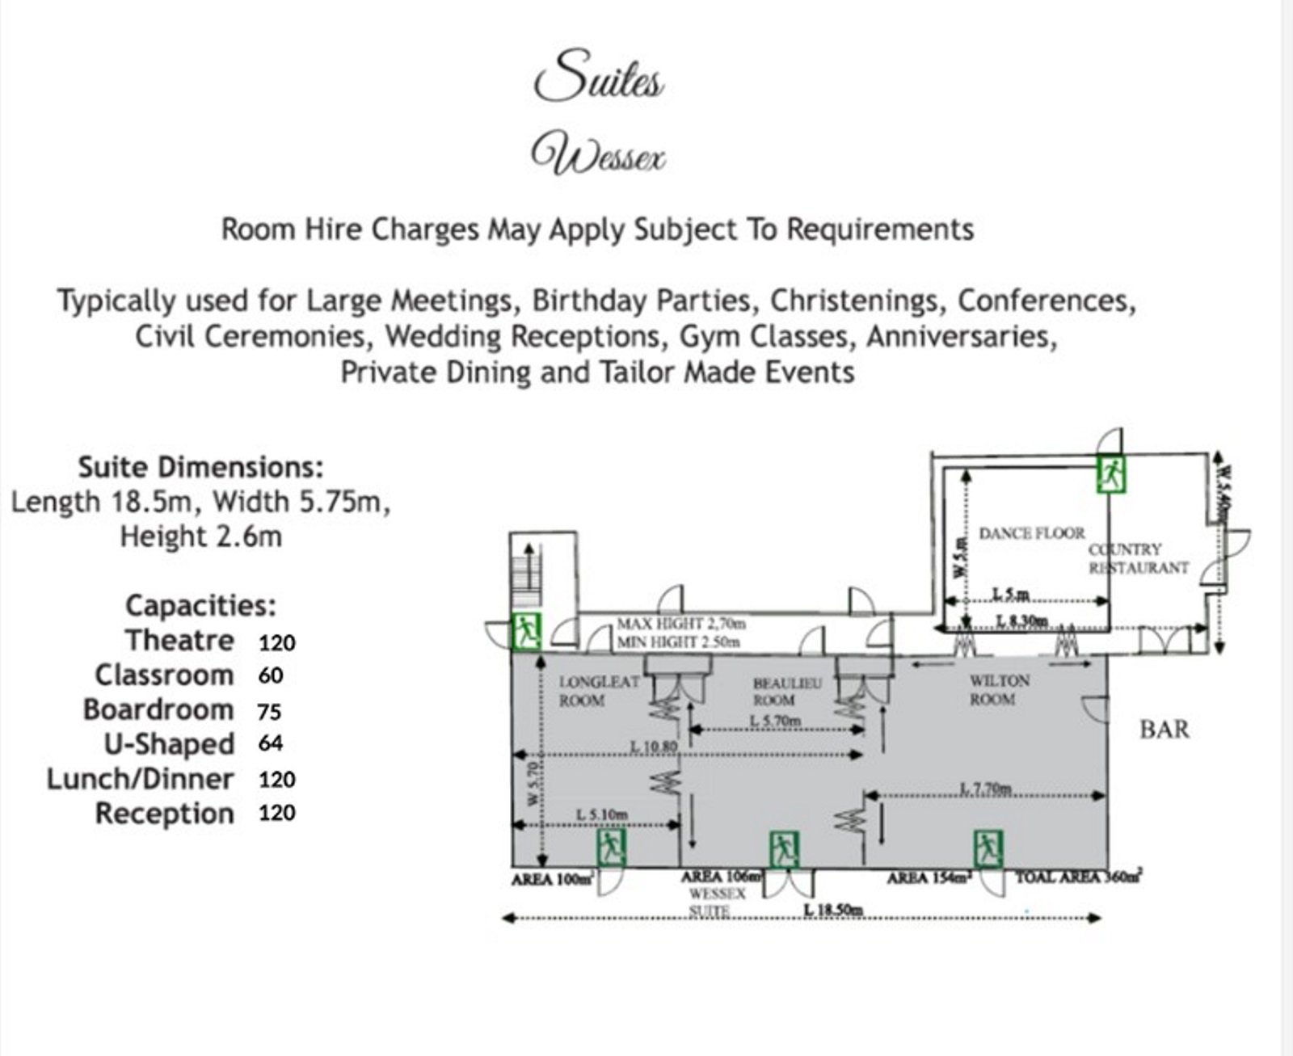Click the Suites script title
pyautogui.click(x=599, y=76)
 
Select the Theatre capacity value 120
pyautogui.click(x=277, y=643)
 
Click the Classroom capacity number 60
pyautogui.click(x=271, y=675)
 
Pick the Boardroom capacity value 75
pyautogui.click(x=269, y=712)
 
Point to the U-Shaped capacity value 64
pyautogui.click(x=271, y=743)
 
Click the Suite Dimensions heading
pyautogui.click(x=200, y=467)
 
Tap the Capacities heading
pyautogui.click(x=200, y=605)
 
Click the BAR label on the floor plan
pyautogui.click(x=1164, y=730)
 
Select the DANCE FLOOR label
pyautogui.click(x=1031, y=533)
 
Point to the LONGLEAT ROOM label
pyautogui.click(x=598, y=691)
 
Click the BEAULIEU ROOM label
pyautogui.click(x=786, y=692)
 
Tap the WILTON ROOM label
pyautogui.click(x=999, y=690)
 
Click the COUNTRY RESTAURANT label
pyautogui.click(x=1138, y=558)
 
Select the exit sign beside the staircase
pyautogui.click(x=527, y=631)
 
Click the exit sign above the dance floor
pyautogui.click(x=1110, y=473)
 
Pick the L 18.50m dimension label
pyautogui.click(x=833, y=911)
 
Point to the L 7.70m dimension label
pyautogui.click(x=985, y=789)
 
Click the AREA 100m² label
pyautogui.click(x=553, y=879)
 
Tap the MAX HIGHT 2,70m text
pyautogui.click(x=680, y=624)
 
